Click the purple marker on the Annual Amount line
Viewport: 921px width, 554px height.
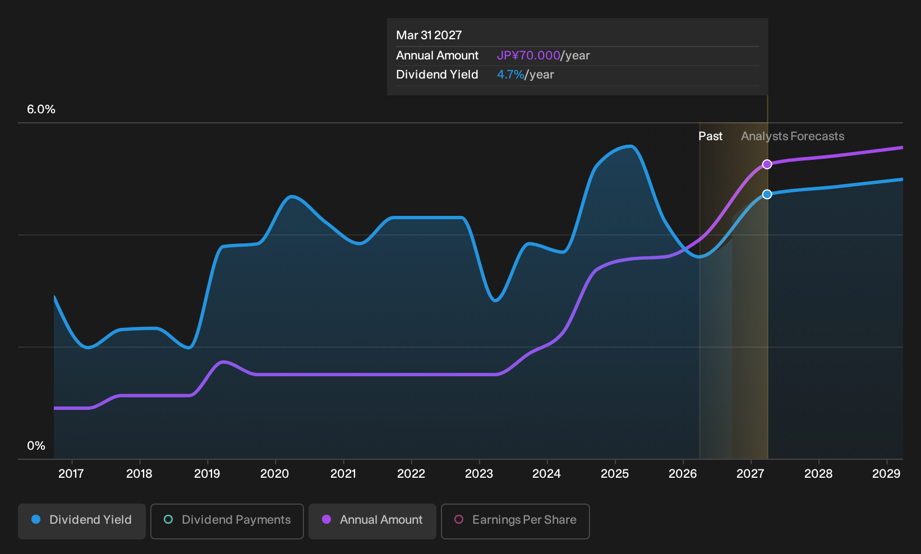coord(767,164)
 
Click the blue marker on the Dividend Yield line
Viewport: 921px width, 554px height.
coord(767,195)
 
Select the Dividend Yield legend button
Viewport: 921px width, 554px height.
coord(82,521)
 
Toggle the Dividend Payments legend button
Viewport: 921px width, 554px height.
coord(227,521)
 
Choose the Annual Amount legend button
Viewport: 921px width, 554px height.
coord(372,521)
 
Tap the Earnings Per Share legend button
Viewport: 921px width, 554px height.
coord(515,521)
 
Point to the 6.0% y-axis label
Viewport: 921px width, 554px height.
coord(41,109)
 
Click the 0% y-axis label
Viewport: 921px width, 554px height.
coord(36,446)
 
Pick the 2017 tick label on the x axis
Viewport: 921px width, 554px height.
coord(71,473)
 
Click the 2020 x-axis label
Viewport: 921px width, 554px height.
coord(275,473)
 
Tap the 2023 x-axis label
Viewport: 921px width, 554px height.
coord(479,473)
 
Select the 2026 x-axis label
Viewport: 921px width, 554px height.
coord(683,473)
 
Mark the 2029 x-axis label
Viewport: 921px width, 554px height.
coord(886,473)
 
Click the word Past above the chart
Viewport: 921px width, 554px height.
coord(711,136)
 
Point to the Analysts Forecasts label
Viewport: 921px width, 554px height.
coord(793,136)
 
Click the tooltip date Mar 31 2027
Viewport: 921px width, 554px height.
coord(429,35)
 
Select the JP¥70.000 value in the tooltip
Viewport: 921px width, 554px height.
coord(528,56)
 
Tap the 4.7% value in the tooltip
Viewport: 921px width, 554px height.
coord(510,75)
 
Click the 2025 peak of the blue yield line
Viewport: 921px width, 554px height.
coord(630,146)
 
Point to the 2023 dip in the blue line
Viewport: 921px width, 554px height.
coord(496,301)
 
